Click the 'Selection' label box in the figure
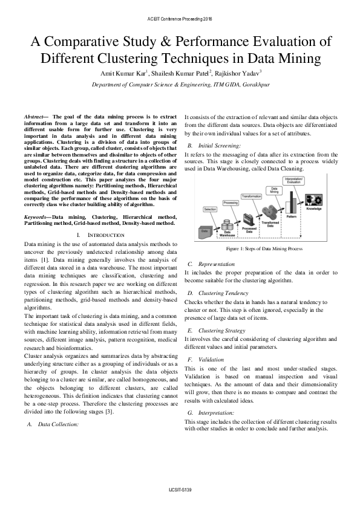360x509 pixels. tap(210, 209)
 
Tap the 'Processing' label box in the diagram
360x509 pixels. tap(230, 202)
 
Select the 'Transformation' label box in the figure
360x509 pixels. tap(251, 196)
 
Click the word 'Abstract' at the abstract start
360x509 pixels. tap(34, 115)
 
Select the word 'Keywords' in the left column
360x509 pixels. tap(36, 216)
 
